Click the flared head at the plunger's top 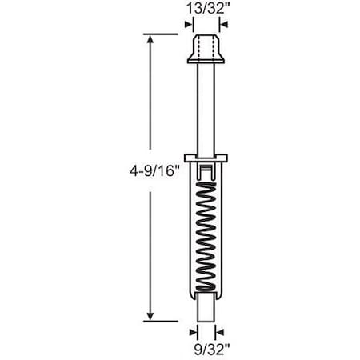click(x=207, y=49)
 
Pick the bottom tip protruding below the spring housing click(x=207, y=309)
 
